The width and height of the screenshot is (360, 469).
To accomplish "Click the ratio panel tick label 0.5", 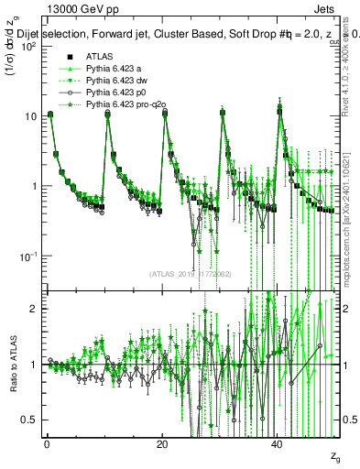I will pyautogui.click(x=29, y=419).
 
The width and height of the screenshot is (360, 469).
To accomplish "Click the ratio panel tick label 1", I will pyautogui.click(x=34, y=365).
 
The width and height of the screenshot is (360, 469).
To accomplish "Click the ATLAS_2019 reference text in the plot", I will pyautogui.click(x=191, y=274).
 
